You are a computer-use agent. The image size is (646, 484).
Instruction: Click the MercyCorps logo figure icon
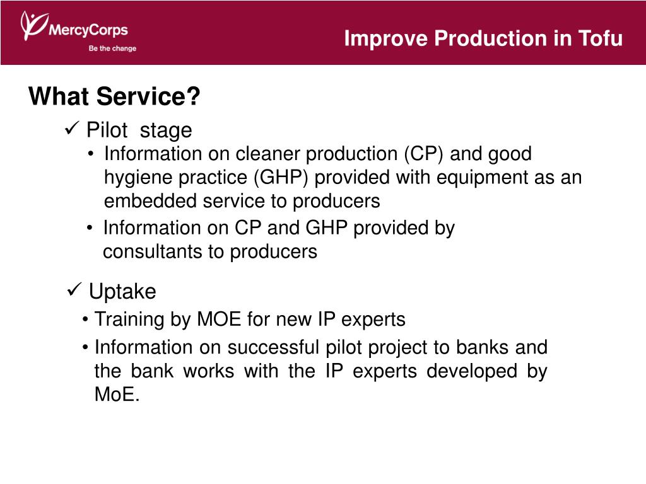point(34,25)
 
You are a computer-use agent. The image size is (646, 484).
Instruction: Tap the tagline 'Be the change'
point(112,48)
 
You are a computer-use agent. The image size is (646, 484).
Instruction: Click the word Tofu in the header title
point(601,38)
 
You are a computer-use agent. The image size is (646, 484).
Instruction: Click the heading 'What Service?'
point(114,96)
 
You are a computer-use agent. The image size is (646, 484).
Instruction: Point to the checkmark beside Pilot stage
point(72,129)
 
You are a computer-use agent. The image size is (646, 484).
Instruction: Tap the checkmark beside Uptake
point(74,289)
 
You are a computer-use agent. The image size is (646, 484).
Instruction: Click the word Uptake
point(122,291)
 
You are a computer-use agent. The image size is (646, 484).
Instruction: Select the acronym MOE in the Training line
point(219,320)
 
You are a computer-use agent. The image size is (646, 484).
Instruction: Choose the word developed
point(472,371)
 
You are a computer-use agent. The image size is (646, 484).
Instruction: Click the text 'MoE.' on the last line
point(117,395)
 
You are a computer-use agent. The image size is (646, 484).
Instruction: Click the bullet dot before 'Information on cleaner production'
point(91,154)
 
